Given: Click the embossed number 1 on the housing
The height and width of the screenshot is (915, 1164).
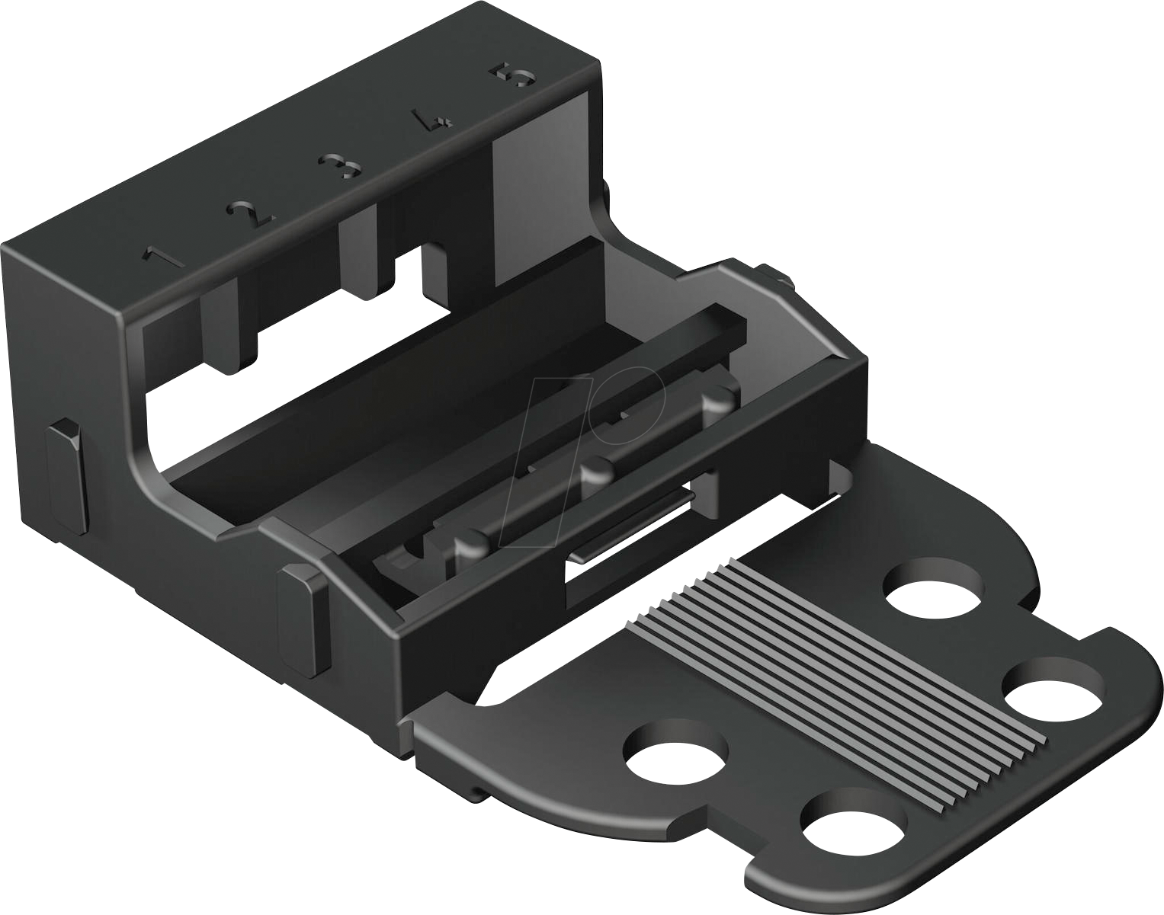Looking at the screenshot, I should (163, 257).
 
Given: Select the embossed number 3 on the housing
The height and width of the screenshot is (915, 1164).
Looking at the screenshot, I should (338, 165).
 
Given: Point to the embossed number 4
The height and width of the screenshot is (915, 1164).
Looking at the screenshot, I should (428, 121).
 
